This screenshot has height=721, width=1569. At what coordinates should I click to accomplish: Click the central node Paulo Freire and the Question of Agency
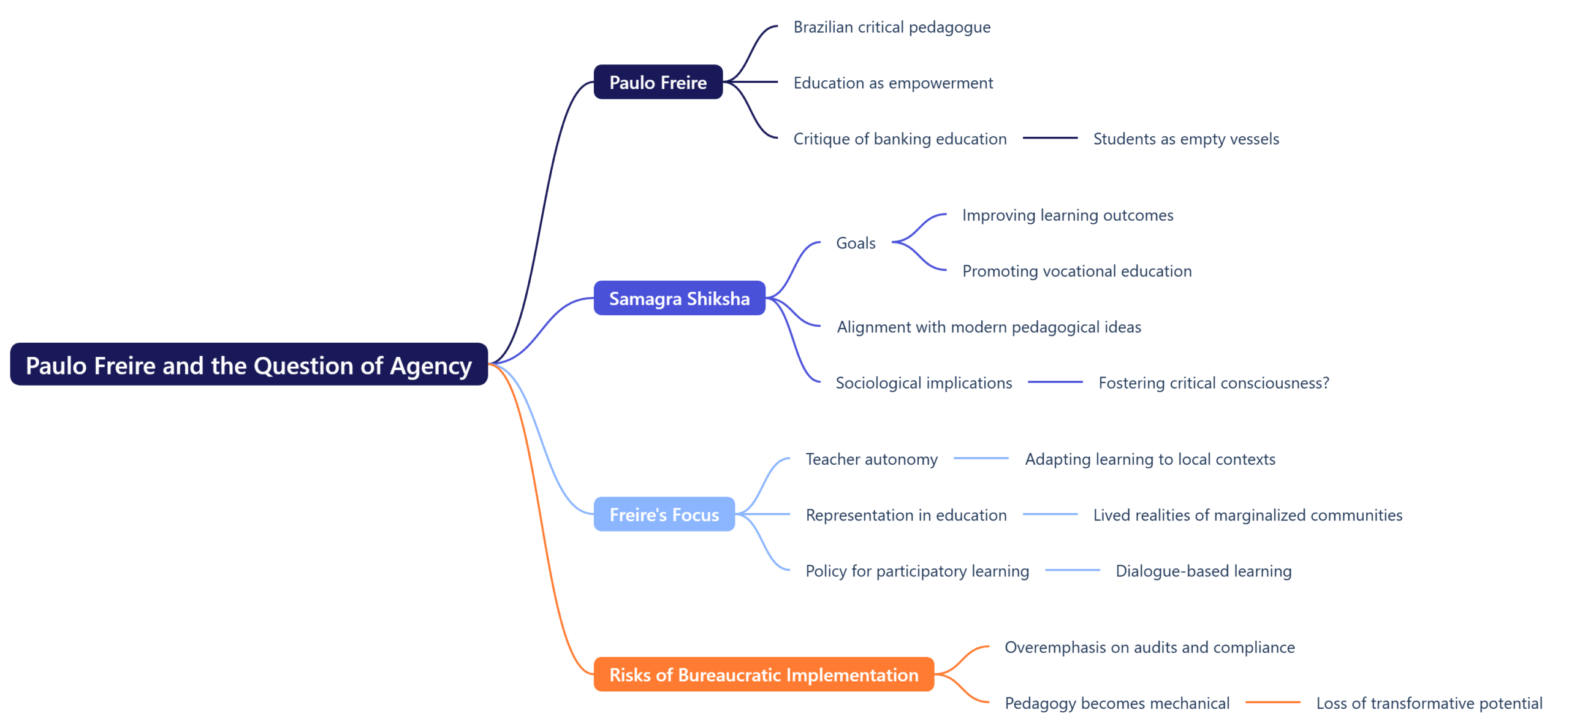248,365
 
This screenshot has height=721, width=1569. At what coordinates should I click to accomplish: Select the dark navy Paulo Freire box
658,82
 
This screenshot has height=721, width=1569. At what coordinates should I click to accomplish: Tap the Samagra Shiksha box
679,299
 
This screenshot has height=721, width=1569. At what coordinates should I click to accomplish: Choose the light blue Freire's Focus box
664,514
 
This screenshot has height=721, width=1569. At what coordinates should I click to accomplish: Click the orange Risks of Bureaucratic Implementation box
763,674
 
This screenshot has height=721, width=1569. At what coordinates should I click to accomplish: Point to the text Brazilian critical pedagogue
892,28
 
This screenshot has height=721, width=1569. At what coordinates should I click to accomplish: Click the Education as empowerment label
893,83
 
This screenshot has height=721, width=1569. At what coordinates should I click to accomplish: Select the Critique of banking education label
900,139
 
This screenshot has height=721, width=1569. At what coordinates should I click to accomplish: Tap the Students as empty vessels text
1186,139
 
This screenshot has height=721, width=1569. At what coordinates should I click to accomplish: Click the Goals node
856,243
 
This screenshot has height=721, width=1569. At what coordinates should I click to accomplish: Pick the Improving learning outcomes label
1068,215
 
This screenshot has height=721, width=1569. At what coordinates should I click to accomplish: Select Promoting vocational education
1077,271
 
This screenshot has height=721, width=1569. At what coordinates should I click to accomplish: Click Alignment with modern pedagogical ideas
989,327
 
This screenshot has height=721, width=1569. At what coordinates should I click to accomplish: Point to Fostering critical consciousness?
1214,383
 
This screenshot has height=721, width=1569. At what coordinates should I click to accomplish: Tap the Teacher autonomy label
871,459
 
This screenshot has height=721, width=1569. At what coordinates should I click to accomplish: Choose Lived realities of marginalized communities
1247,515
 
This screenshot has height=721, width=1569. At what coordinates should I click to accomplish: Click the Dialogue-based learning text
1203,571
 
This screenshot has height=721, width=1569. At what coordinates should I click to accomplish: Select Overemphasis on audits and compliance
1149,647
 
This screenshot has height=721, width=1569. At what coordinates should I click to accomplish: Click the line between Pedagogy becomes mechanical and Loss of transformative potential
1272,703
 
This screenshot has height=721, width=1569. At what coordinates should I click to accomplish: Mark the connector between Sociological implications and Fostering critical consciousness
1055,383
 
